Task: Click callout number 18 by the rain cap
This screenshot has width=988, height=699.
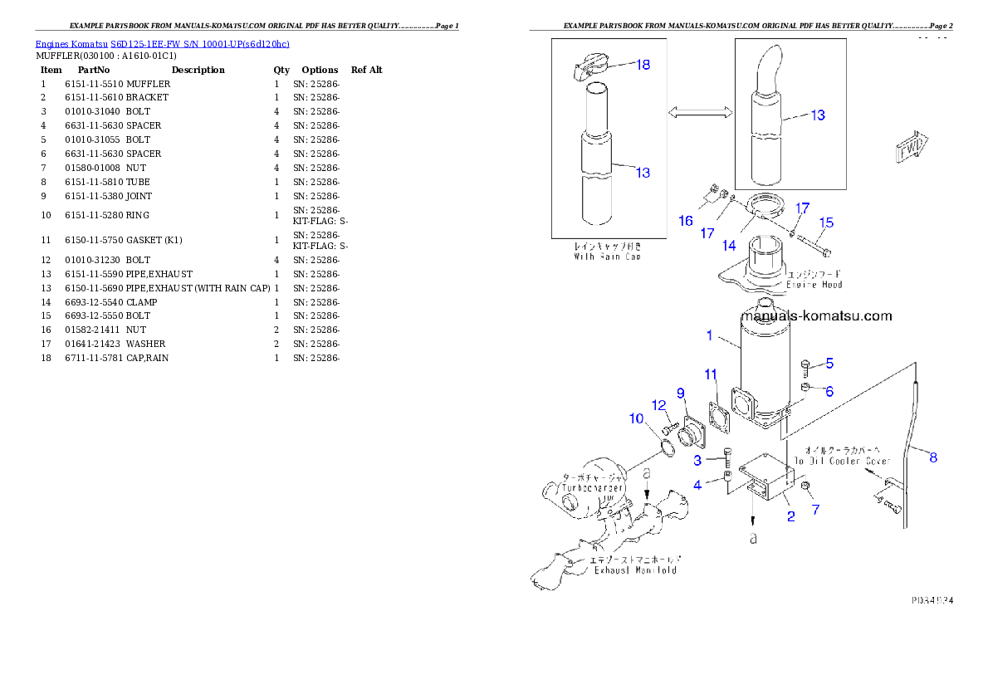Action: pos(643,65)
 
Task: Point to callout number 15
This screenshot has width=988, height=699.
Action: pos(826,222)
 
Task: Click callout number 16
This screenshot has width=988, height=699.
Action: pos(685,220)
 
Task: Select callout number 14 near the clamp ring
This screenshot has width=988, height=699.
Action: pos(728,245)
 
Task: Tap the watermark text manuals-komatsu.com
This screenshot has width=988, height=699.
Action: pos(816,315)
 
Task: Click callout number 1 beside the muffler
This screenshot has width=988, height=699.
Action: pos(709,335)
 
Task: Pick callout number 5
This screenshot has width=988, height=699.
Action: pos(829,363)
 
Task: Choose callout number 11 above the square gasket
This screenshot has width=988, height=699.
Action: pos(711,374)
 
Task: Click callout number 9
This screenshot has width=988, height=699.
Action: pos(680,393)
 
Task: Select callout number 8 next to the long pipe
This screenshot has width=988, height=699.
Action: pos(933,457)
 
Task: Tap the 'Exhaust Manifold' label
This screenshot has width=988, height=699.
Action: pos(633,569)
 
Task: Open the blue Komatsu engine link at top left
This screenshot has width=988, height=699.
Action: pos(162,44)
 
